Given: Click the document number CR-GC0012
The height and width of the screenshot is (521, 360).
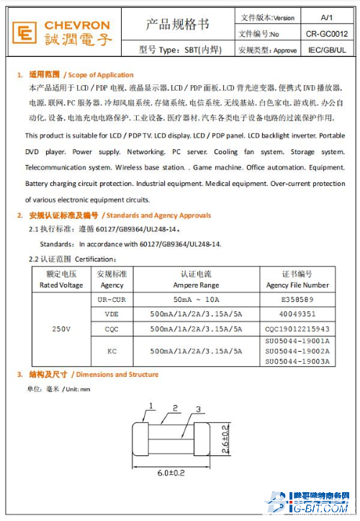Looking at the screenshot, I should [326, 33].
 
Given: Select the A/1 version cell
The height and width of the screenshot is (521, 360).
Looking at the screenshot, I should [326, 17].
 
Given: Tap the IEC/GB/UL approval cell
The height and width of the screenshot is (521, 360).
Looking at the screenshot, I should [326, 50].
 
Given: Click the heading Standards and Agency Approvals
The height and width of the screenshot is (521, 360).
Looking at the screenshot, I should [156, 215].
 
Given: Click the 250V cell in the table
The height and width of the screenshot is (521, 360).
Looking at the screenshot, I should [61, 329].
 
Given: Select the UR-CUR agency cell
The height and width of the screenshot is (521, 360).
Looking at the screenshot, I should [112, 299].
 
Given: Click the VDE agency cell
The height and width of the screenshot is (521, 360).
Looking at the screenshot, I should [112, 314].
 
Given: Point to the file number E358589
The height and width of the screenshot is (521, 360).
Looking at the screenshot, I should [297, 299].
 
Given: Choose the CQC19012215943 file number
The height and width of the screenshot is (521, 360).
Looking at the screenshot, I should [297, 329].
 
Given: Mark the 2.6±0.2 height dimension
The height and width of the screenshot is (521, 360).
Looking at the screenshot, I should [225, 440].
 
